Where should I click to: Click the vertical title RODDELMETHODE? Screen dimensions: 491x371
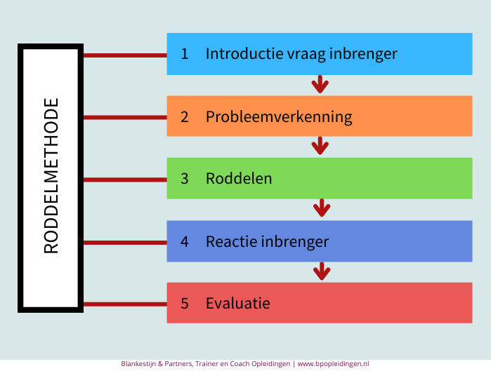pyautogui.click(x=51, y=175)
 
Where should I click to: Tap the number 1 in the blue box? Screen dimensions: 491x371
pyautogui.click(x=185, y=54)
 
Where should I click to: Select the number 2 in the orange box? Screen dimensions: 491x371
pyautogui.click(x=185, y=117)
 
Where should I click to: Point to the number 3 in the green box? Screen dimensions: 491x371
pyautogui.click(x=185, y=178)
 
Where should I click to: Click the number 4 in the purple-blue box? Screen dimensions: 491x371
pyautogui.click(x=185, y=241)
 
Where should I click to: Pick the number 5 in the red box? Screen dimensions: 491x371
pyautogui.click(x=185, y=304)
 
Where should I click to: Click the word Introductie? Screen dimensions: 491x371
pyautogui.click(x=244, y=53)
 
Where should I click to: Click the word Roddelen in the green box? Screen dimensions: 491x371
pyautogui.click(x=239, y=178)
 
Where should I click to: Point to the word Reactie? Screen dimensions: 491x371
pyautogui.click(x=231, y=241)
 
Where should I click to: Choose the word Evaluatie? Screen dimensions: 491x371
pyautogui.click(x=238, y=303)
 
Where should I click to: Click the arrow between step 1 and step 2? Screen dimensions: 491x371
pyautogui.click(x=320, y=84)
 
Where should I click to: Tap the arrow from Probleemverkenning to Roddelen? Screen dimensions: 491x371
pyautogui.click(x=320, y=146)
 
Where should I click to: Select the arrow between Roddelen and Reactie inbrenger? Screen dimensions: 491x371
pyautogui.click(x=322, y=208)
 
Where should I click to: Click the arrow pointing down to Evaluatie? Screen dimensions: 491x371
pyautogui.click(x=322, y=271)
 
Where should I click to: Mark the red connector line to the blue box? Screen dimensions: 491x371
pyautogui.click(x=125, y=55)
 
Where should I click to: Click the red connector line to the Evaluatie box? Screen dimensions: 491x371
pyautogui.click(x=125, y=304)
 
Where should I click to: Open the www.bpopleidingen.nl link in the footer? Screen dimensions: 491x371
pyautogui.click(x=333, y=364)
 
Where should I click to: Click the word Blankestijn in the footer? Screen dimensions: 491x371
pyautogui.click(x=138, y=364)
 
